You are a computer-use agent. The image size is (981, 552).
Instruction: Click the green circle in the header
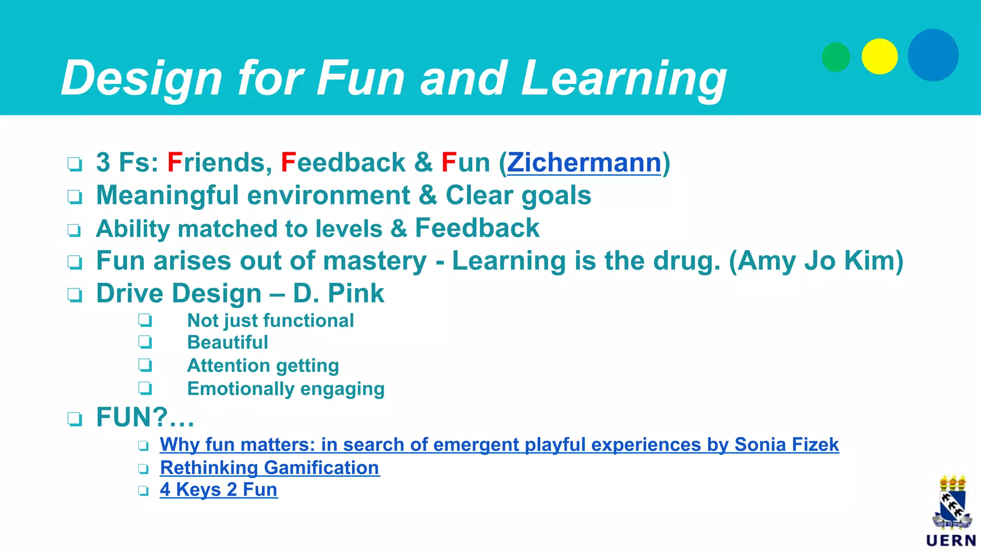[x=836, y=57]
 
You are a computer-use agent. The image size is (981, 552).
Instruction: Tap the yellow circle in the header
[x=879, y=57]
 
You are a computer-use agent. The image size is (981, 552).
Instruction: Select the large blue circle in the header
[x=933, y=55]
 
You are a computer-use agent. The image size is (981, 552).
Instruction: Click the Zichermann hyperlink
[x=584, y=163]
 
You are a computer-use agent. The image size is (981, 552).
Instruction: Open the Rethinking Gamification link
[x=270, y=468]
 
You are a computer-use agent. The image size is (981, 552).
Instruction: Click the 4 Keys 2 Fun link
[x=219, y=490]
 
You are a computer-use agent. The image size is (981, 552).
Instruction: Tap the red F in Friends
[x=175, y=163]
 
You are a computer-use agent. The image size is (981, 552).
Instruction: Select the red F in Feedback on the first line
[x=288, y=163]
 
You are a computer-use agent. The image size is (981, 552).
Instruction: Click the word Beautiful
[x=228, y=343]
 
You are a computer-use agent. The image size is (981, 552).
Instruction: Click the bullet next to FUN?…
[x=75, y=419]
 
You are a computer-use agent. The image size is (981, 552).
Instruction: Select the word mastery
[x=375, y=262]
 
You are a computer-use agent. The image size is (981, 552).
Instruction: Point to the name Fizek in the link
[x=815, y=445]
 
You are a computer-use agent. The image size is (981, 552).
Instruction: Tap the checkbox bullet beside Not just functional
[x=145, y=320]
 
